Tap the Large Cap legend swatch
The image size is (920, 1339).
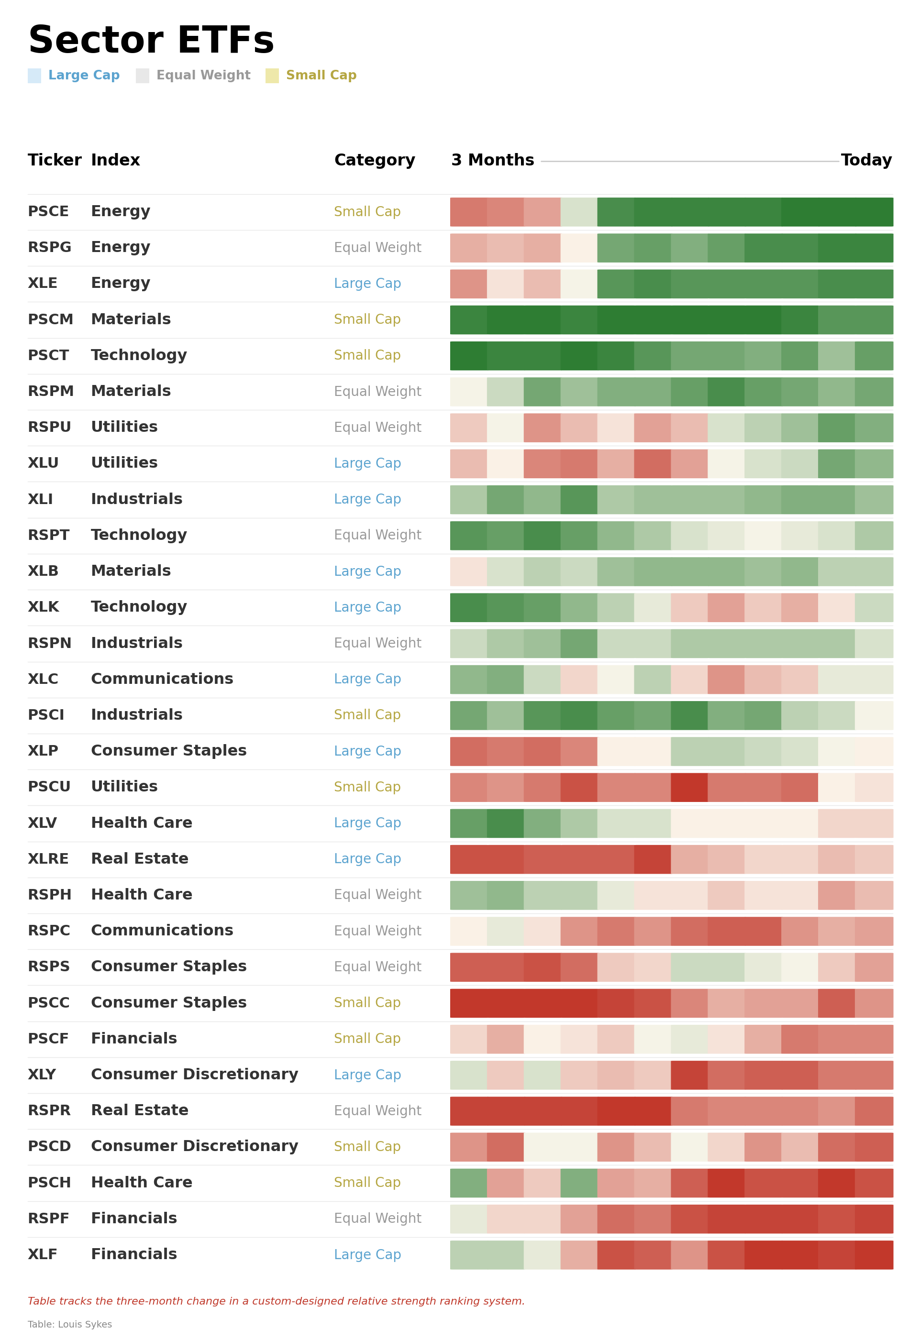coord(34,76)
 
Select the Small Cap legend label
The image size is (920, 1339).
coord(321,76)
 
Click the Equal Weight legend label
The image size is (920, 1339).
coord(203,76)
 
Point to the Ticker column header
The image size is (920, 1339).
coord(54,160)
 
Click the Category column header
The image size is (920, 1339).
coord(374,160)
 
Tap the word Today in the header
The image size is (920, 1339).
coord(866,160)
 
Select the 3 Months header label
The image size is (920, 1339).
coord(492,160)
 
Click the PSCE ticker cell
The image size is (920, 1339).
coord(48,211)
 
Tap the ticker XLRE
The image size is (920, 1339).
coord(48,859)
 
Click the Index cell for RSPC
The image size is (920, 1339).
coord(162,931)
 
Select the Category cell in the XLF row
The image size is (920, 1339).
coord(367,1255)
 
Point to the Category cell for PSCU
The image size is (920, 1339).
coord(367,787)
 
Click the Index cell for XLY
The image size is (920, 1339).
coord(194,1075)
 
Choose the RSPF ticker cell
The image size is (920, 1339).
coord(48,1218)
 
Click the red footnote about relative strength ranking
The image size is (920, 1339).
coord(276,1302)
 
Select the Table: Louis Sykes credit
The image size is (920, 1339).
coord(70,1325)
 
